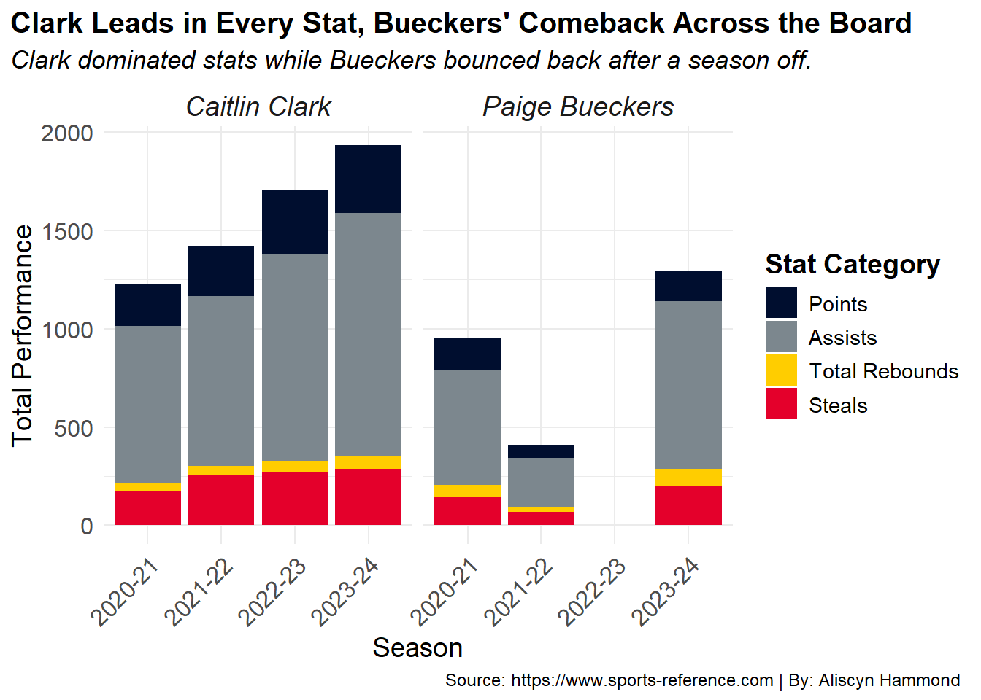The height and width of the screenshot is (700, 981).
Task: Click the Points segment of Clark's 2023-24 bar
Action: [x=369, y=179]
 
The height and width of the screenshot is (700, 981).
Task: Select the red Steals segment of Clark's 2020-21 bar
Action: [x=147, y=508]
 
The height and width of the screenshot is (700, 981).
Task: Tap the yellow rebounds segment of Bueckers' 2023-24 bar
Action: [x=688, y=478]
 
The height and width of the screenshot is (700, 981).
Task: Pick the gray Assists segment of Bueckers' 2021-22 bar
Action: [x=542, y=483]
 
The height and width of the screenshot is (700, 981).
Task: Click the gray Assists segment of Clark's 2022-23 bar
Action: [x=295, y=357]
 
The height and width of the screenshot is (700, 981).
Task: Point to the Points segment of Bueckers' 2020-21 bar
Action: [x=468, y=354]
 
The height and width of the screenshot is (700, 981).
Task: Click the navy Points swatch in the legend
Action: [x=781, y=303]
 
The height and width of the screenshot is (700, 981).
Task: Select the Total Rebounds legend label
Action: [x=884, y=371]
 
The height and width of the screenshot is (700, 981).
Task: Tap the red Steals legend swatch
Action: [x=781, y=404]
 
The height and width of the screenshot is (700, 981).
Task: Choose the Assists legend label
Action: [x=842, y=338]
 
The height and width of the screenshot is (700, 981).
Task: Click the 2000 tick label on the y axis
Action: [x=67, y=133]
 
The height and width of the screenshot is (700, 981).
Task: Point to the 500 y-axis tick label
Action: [x=74, y=428]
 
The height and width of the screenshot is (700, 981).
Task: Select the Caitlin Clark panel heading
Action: [x=258, y=106]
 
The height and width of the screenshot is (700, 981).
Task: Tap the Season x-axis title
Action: [x=418, y=648]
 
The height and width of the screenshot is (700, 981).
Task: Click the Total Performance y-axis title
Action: [x=22, y=336]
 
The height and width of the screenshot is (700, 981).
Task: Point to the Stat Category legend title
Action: [x=853, y=265]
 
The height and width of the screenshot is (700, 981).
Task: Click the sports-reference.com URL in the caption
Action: [x=642, y=681]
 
